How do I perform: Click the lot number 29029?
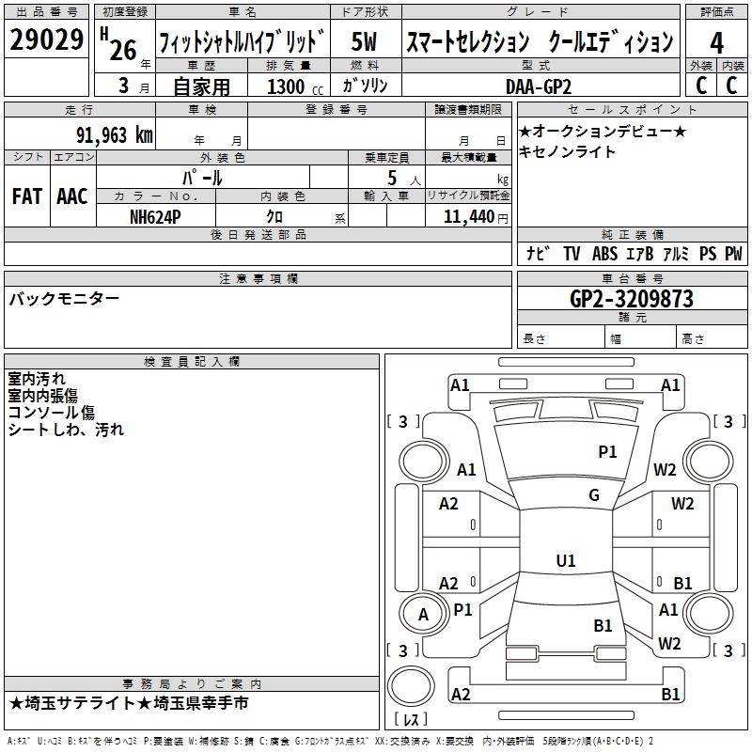(46, 39)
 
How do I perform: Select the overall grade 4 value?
(716, 43)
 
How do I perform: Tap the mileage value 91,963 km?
(115, 135)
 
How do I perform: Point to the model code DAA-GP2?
(539, 86)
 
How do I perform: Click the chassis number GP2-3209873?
(632, 299)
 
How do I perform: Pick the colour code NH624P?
(155, 217)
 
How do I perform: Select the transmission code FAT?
(27, 196)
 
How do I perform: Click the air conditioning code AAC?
(72, 196)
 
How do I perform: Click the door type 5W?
(364, 41)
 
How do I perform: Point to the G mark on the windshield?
(594, 495)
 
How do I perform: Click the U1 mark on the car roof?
(566, 560)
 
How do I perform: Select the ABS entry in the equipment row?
(604, 253)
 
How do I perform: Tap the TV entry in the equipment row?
(572, 253)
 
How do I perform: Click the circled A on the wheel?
(423, 615)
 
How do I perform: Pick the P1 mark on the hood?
(607, 452)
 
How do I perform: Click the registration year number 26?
(123, 50)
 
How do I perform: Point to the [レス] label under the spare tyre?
(411, 719)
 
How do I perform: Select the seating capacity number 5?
(392, 178)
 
